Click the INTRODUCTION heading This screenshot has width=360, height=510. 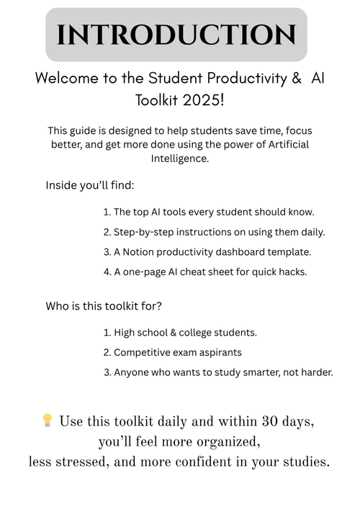coord(176,35)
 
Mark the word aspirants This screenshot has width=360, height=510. coord(220,352)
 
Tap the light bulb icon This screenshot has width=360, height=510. coord(48,420)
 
